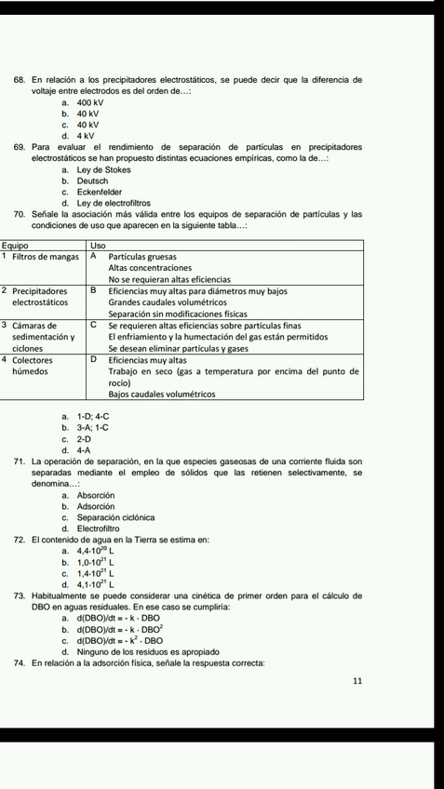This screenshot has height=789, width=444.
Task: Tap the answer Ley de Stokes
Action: pos(102,169)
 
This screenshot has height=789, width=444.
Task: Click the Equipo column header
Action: pos(16,244)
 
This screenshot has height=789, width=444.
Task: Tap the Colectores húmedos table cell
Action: pos(37,365)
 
